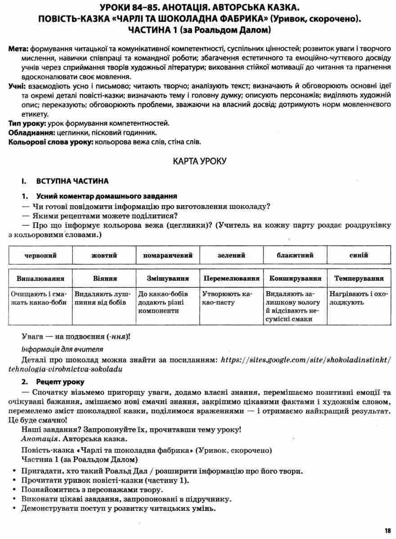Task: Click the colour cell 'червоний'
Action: coord(40,256)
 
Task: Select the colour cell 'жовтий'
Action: coord(104,256)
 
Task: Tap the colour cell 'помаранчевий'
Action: coord(168,256)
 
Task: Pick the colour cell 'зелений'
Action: coord(231,256)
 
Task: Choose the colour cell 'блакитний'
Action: coord(295,256)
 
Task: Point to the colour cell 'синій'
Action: coord(359,256)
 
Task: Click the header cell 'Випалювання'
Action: coord(40,278)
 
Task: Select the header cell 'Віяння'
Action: coord(104,278)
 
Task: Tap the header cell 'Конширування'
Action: coord(295,278)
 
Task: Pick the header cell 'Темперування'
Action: coord(359,278)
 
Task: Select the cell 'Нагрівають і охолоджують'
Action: coord(358,298)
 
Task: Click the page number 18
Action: coord(387,530)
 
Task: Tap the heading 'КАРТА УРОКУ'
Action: coord(198,161)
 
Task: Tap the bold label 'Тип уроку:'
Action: coord(27,124)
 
